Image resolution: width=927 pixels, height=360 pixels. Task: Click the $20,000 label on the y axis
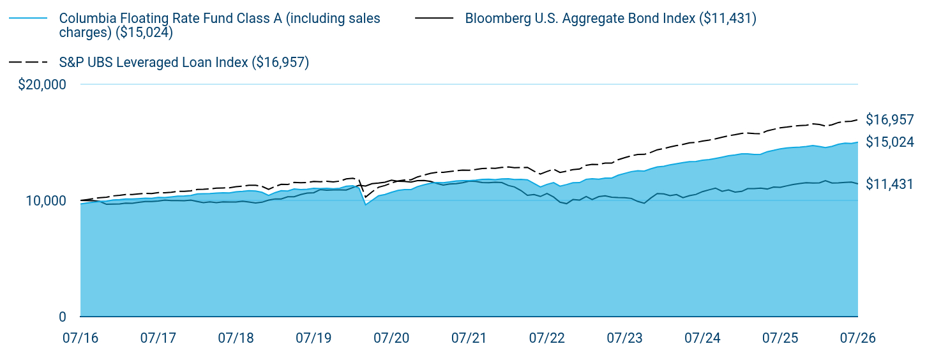(x=41, y=84)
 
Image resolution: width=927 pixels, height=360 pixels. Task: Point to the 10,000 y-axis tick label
(x=46, y=200)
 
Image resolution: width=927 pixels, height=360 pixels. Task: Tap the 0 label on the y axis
(x=63, y=317)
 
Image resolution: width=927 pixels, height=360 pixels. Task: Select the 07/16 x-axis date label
(x=80, y=338)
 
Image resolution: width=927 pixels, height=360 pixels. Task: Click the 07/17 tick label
(x=158, y=338)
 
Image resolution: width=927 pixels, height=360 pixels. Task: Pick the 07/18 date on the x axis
(x=236, y=338)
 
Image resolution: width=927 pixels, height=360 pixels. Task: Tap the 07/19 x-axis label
(x=313, y=338)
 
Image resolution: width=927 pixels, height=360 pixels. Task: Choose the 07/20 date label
(x=391, y=338)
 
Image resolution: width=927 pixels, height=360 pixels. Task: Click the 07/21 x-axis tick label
(x=469, y=338)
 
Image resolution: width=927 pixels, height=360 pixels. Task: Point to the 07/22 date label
(x=546, y=338)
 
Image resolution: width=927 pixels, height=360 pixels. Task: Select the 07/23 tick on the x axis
(x=624, y=338)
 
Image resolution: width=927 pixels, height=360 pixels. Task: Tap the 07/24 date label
(x=702, y=338)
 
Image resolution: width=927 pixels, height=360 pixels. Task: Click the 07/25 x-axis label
(x=780, y=338)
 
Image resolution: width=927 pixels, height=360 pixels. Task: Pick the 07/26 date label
(x=858, y=338)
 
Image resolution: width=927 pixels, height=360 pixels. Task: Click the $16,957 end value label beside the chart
(x=890, y=119)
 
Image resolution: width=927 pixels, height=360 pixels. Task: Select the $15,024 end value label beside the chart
(x=890, y=142)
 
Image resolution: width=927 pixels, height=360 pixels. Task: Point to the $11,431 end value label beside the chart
(x=889, y=184)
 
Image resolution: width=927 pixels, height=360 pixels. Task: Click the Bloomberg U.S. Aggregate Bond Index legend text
(x=611, y=19)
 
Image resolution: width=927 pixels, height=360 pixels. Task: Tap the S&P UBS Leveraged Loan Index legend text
(x=184, y=63)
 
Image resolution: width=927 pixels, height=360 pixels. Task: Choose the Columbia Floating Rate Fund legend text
(x=220, y=26)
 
